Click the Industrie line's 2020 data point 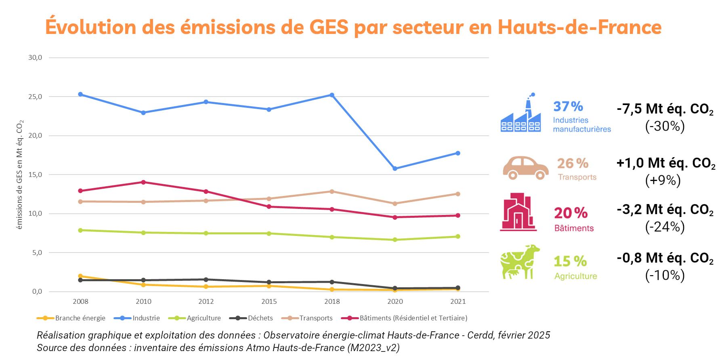coord(395,168)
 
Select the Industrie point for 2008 coord(80,94)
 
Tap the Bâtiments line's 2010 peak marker coord(143,182)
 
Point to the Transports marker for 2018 coord(332,192)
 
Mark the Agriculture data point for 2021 coord(458,236)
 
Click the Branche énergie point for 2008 coord(80,276)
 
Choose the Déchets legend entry coord(251,318)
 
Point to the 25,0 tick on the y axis coord(35,97)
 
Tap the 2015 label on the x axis coord(269,301)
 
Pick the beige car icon coord(525,167)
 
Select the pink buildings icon coord(518,212)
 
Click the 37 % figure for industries coord(568,106)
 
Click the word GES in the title coord(328,27)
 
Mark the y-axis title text coord(20,175)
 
